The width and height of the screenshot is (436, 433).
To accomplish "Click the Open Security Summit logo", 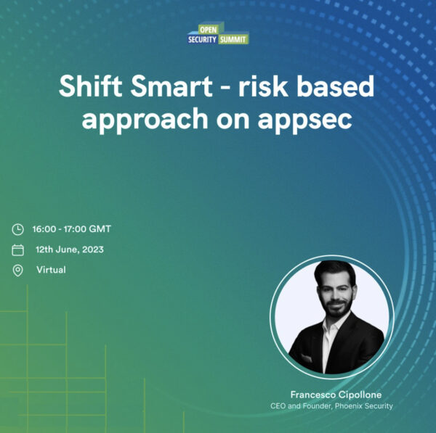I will [x=218, y=35].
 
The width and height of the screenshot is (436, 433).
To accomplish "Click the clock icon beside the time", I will [x=18, y=230].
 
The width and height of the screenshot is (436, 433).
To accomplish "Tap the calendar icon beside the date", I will [x=18, y=250].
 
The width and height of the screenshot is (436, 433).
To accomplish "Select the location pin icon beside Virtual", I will [x=18, y=271].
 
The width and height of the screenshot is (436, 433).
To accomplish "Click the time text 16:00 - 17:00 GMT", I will [x=71, y=229].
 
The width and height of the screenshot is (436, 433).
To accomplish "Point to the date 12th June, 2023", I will [x=70, y=250].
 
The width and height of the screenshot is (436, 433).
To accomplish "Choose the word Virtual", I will [x=51, y=270].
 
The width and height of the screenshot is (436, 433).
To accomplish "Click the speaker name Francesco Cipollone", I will [x=336, y=395].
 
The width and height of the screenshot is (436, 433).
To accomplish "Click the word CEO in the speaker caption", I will [x=278, y=406].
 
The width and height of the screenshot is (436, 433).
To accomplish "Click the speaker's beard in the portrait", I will [x=335, y=305].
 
